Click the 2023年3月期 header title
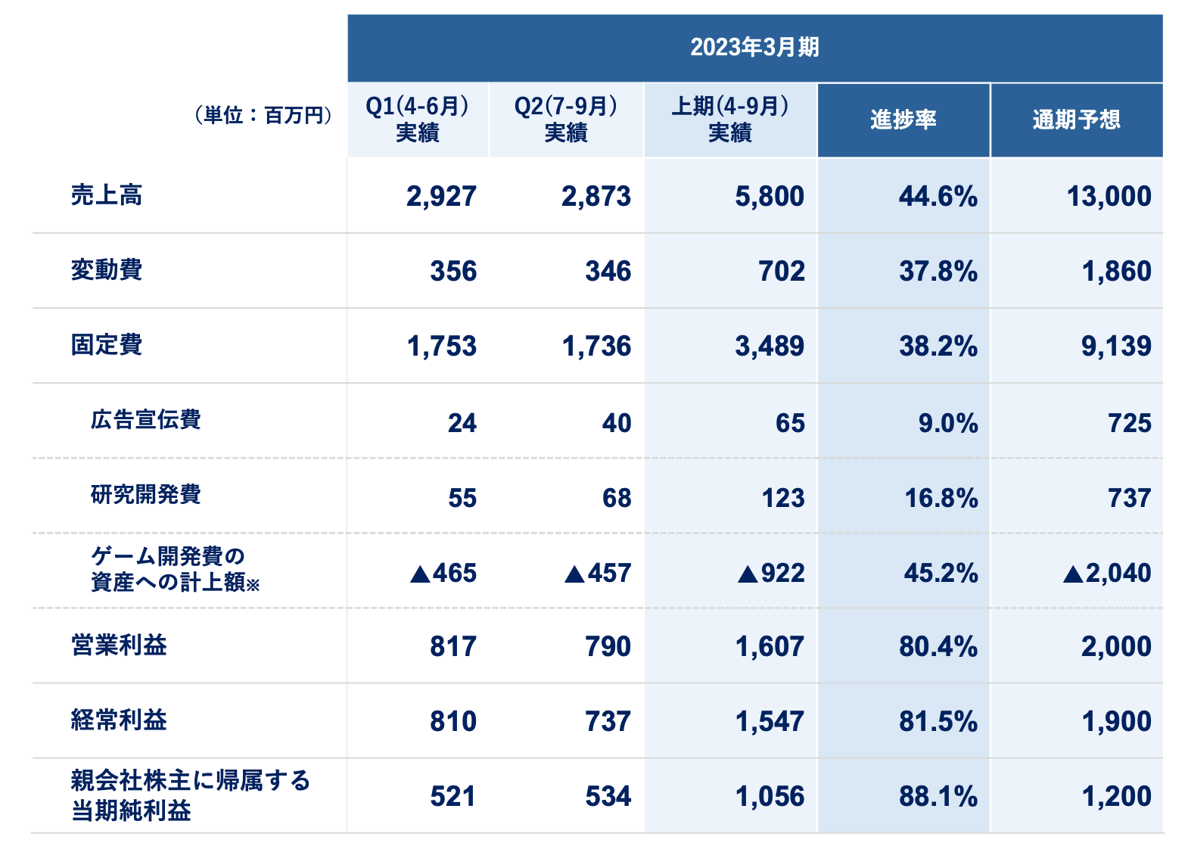point(754,47)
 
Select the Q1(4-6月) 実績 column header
point(417,120)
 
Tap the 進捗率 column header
point(903,120)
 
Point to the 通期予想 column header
point(1076,120)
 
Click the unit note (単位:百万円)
point(263,115)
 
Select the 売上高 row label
point(107,195)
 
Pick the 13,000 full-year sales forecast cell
point(1109,197)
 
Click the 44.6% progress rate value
point(938,197)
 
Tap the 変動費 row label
point(107,270)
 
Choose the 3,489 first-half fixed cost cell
point(770,347)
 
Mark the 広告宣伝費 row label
point(145,420)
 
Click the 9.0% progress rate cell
point(947,423)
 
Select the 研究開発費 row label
point(145,495)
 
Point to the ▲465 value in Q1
point(443,574)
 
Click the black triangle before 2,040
point(1072,574)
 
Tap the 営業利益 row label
point(119,645)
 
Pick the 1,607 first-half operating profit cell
point(770,647)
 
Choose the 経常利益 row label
point(119,720)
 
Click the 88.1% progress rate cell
point(938,797)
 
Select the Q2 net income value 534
point(608,797)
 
